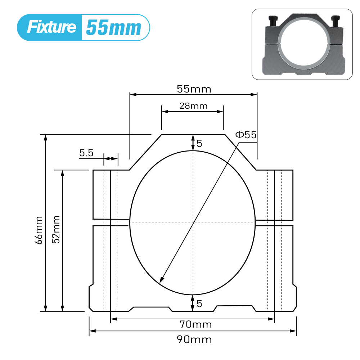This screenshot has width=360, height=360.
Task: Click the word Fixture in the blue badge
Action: point(51,27)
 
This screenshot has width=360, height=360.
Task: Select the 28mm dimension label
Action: point(194,106)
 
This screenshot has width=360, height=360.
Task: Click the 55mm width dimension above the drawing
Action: point(194,89)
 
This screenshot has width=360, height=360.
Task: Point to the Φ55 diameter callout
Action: point(246,135)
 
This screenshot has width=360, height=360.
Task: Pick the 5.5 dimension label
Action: point(86,153)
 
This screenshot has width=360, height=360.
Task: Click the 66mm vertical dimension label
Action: point(39,230)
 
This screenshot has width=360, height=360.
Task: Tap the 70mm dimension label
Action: point(195,324)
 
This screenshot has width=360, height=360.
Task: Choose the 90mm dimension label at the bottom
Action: point(194,339)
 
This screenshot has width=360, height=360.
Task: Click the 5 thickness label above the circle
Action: point(199,144)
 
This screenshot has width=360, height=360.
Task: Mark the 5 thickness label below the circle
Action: point(199,303)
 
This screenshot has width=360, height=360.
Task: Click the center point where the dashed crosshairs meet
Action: point(193,223)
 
